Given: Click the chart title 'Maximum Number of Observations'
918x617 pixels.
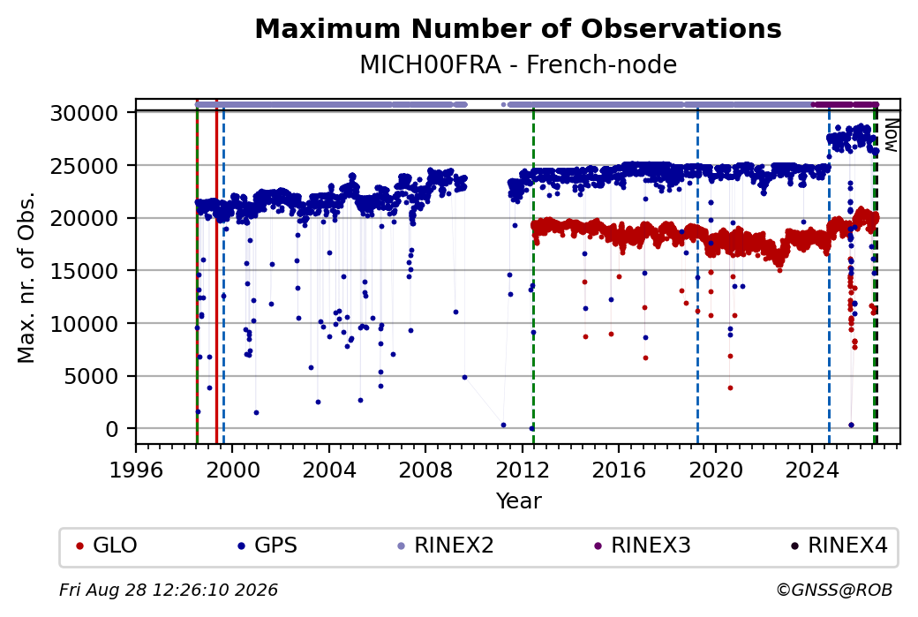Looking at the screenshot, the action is coord(518,28).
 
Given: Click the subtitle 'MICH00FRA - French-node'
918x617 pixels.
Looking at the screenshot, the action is coord(518,64).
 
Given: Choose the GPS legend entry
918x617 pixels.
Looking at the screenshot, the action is coord(267,546).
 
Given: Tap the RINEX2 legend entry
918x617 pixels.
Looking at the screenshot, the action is coord(446,546).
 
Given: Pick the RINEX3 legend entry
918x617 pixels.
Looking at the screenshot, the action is coord(643,546).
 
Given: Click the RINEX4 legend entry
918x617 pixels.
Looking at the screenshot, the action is coord(839,546).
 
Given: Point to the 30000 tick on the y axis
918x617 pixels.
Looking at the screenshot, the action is coord(85,113).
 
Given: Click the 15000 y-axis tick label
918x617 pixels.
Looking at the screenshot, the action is coord(85,271).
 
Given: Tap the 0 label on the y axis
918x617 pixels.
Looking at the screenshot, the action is coord(112,429).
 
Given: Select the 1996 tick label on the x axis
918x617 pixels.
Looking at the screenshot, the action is coord(137,470).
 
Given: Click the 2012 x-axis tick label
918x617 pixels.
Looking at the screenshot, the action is coord(523,470).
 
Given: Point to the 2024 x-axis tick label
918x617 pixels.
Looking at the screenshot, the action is coord(812,470).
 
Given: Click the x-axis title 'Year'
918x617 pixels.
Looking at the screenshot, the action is coord(519,501).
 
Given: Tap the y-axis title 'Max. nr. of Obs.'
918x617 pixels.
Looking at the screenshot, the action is coord(26,277).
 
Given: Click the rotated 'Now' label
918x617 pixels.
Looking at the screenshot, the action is coord(891,135).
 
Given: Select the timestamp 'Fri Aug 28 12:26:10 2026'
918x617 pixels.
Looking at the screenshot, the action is coord(169,590).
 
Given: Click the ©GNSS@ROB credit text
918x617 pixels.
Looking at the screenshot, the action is coord(834,590).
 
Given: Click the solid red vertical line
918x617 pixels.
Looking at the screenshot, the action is coord(216,271).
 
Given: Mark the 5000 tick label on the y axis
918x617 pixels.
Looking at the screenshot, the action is coord(91,376).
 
